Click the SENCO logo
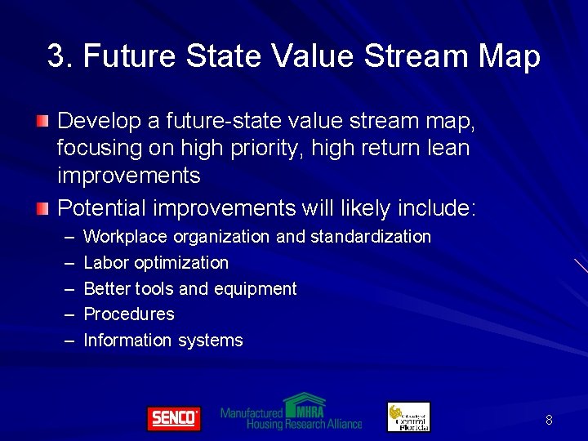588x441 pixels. (173, 418)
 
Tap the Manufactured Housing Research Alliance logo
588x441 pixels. (291, 412)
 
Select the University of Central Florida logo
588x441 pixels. (408, 416)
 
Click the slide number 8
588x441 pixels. (549, 420)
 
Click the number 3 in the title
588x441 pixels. (56, 57)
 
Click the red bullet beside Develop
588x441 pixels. (42, 122)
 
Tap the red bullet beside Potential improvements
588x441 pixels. (42, 208)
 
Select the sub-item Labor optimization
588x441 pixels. (156, 263)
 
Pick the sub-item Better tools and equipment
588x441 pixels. (190, 288)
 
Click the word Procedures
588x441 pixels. (129, 314)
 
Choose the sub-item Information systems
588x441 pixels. (163, 341)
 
